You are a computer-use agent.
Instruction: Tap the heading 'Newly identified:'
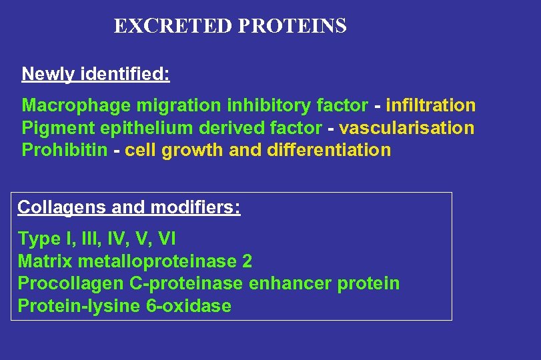point(95,73)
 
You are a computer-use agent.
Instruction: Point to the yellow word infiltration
point(431,105)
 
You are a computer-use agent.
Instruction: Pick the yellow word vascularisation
point(407,127)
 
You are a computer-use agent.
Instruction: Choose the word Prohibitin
point(64,149)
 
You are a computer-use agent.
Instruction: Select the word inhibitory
point(269,105)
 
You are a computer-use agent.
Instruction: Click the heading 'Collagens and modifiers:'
point(129,207)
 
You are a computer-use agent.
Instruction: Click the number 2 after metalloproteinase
point(247,261)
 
